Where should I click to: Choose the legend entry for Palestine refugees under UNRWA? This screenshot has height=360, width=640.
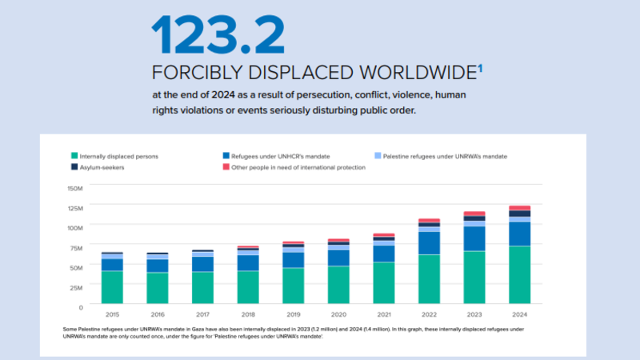[445, 156]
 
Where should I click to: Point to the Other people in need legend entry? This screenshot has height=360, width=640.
[293, 167]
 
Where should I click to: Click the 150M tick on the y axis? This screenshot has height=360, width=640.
[75, 188]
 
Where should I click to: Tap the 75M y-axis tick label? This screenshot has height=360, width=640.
[77, 247]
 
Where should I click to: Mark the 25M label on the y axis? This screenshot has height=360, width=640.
[77, 286]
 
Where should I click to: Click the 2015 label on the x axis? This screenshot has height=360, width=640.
[112, 315]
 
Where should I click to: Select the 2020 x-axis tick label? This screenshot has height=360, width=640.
[338, 315]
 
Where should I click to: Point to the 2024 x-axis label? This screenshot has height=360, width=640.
[519, 315]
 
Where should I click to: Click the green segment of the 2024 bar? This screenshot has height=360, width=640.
[519, 276]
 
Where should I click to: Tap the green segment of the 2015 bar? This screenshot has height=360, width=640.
[112, 289]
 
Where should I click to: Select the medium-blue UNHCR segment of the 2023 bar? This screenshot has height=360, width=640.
[474, 238]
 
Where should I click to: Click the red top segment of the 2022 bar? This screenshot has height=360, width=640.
[429, 221]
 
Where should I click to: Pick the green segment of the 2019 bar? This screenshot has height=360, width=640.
[293, 287]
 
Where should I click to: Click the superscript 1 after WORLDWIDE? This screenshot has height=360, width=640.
[480, 67]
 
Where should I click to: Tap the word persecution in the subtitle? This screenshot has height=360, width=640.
[267, 94]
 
